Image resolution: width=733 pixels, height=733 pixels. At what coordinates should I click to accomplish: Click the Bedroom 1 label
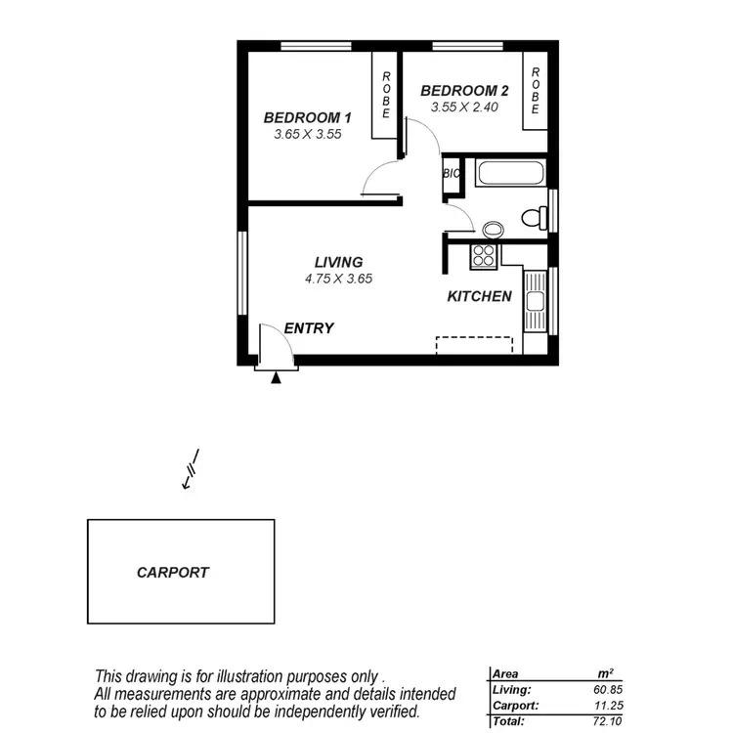click(307, 117)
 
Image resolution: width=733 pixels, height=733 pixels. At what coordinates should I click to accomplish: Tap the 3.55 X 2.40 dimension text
click(459, 108)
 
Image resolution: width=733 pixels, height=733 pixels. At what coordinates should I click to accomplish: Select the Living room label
click(338, 262)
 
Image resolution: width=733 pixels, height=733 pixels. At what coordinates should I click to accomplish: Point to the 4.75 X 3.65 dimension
click(338, 279)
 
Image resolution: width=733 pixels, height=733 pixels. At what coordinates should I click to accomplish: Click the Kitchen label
click(479, 296)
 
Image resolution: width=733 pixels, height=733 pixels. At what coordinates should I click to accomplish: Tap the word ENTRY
click(309, 328)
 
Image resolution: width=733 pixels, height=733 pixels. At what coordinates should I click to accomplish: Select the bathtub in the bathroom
click(510, 174)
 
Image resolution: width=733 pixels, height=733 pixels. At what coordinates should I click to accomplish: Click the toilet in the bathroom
click(534, 217)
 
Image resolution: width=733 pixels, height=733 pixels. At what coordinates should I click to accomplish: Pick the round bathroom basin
click(494, 230)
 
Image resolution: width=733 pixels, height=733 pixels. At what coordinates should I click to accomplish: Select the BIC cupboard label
click(452, 174)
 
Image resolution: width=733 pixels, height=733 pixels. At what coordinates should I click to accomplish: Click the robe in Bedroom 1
click(386, 95)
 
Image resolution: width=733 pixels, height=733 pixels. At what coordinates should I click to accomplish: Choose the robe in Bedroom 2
click(535, 91)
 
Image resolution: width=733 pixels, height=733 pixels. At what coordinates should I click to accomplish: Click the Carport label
click(173, 573)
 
